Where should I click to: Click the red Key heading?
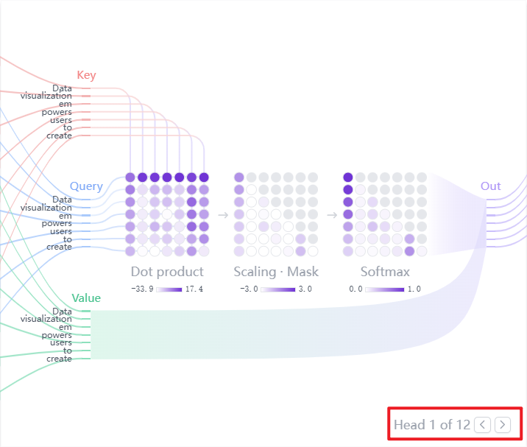point(86,75)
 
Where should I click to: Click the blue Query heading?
point(86,186)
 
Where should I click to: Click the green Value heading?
point(86,298)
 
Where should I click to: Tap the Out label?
point(490,186)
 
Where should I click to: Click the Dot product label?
point(167,272)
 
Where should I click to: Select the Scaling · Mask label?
point(276,272)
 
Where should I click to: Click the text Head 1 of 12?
point(431,424)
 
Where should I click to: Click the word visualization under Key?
point(46,96)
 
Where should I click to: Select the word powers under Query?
point(57,223)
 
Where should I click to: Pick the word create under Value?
point(59,359)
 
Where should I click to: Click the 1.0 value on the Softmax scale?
point(414,289)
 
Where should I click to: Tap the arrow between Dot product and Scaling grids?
point(222,215)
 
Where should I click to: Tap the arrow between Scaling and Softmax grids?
point(331,215)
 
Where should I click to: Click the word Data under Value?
point(63,312)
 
